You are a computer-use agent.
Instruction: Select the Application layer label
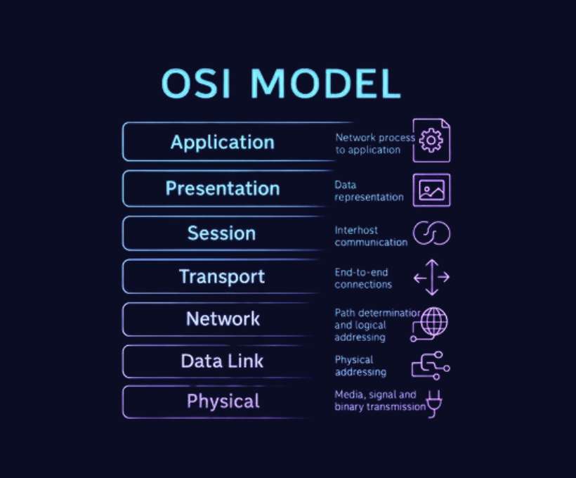[222, 143]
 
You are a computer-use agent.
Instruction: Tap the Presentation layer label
[222, 188]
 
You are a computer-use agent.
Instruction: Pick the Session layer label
[221, 233]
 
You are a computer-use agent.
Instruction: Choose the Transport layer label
[222, 276]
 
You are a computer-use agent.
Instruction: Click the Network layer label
[223, 319]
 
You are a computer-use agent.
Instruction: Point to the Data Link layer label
[222, 361]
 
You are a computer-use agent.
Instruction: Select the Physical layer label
[223, 401]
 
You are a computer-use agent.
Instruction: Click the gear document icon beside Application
[432, 141]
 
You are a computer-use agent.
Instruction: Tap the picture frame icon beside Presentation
[431, 189]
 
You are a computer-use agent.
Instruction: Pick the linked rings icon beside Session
[431, 233]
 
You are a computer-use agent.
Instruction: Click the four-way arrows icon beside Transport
[431, 277]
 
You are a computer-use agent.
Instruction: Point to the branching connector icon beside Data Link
[431, 365]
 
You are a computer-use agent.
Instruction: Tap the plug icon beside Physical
[435, 402]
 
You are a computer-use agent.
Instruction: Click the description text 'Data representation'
[369, 191]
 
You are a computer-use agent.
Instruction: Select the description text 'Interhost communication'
[371, 236]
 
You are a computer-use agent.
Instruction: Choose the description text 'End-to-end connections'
[363, 278]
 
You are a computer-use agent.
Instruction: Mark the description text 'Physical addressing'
[360, 366]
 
